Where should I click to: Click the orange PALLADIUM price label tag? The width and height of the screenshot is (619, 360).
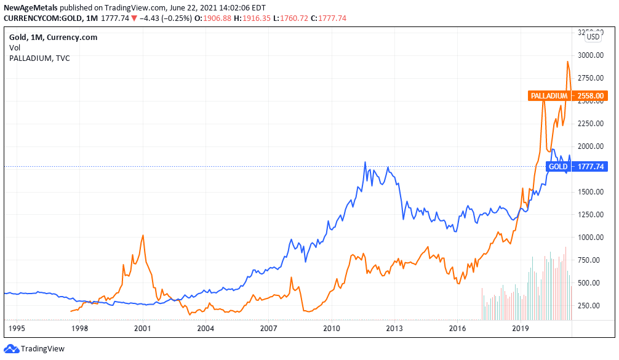pos(549,95)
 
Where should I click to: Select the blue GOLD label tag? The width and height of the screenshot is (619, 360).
pos(558,167)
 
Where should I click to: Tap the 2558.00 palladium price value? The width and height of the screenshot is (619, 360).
pos(591,95)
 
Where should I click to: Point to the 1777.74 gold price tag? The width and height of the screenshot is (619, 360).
pos(591,167)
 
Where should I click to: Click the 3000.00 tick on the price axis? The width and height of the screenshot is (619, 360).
pos(589,55)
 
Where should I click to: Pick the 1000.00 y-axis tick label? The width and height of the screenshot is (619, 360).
pos(589,237)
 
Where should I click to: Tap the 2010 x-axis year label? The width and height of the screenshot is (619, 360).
pos(332,329)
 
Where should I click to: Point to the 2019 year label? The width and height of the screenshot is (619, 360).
pos(521,329)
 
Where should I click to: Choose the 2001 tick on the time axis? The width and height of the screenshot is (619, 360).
pos(143,329)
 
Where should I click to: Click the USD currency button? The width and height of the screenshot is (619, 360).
pos(593,37)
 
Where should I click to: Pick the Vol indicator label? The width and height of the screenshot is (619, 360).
pos(14,47)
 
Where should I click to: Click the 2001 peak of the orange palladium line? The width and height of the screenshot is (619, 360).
pos(143,235)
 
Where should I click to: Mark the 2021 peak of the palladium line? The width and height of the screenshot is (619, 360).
pos(567,62)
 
